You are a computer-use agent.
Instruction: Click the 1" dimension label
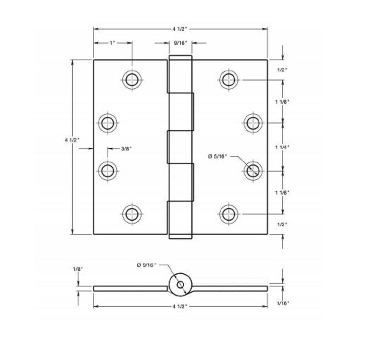(x=112, y=43)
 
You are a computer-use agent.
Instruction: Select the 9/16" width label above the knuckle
(x=181, y=43)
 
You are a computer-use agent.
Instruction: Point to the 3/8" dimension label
(x=126, y=148)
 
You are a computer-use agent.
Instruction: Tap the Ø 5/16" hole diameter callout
(x=217, y=156)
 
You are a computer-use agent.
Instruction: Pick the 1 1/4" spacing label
(x=282, y=147)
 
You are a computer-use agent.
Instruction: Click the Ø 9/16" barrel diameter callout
(x=147, y=265)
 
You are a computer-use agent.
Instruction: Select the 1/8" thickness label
(x=78, y=269)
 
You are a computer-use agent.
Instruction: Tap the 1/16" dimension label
(x=283, y=303)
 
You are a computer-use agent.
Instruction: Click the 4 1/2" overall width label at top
(x=180, y=29)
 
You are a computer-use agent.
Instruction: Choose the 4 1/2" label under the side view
(x=180, y=306)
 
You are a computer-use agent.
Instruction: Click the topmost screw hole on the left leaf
(x=132, y=80)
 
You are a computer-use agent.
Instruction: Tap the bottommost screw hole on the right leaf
(x=229, y=214)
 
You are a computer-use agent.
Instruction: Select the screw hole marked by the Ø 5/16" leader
(x=253, y=170)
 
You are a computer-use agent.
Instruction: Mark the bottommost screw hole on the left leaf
(x=132, y=214)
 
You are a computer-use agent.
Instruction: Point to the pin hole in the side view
(x=180, y=285)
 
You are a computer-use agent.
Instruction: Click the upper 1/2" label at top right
(x=282, y=70)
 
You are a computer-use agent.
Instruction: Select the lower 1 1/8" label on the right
(x=282, y=193)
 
